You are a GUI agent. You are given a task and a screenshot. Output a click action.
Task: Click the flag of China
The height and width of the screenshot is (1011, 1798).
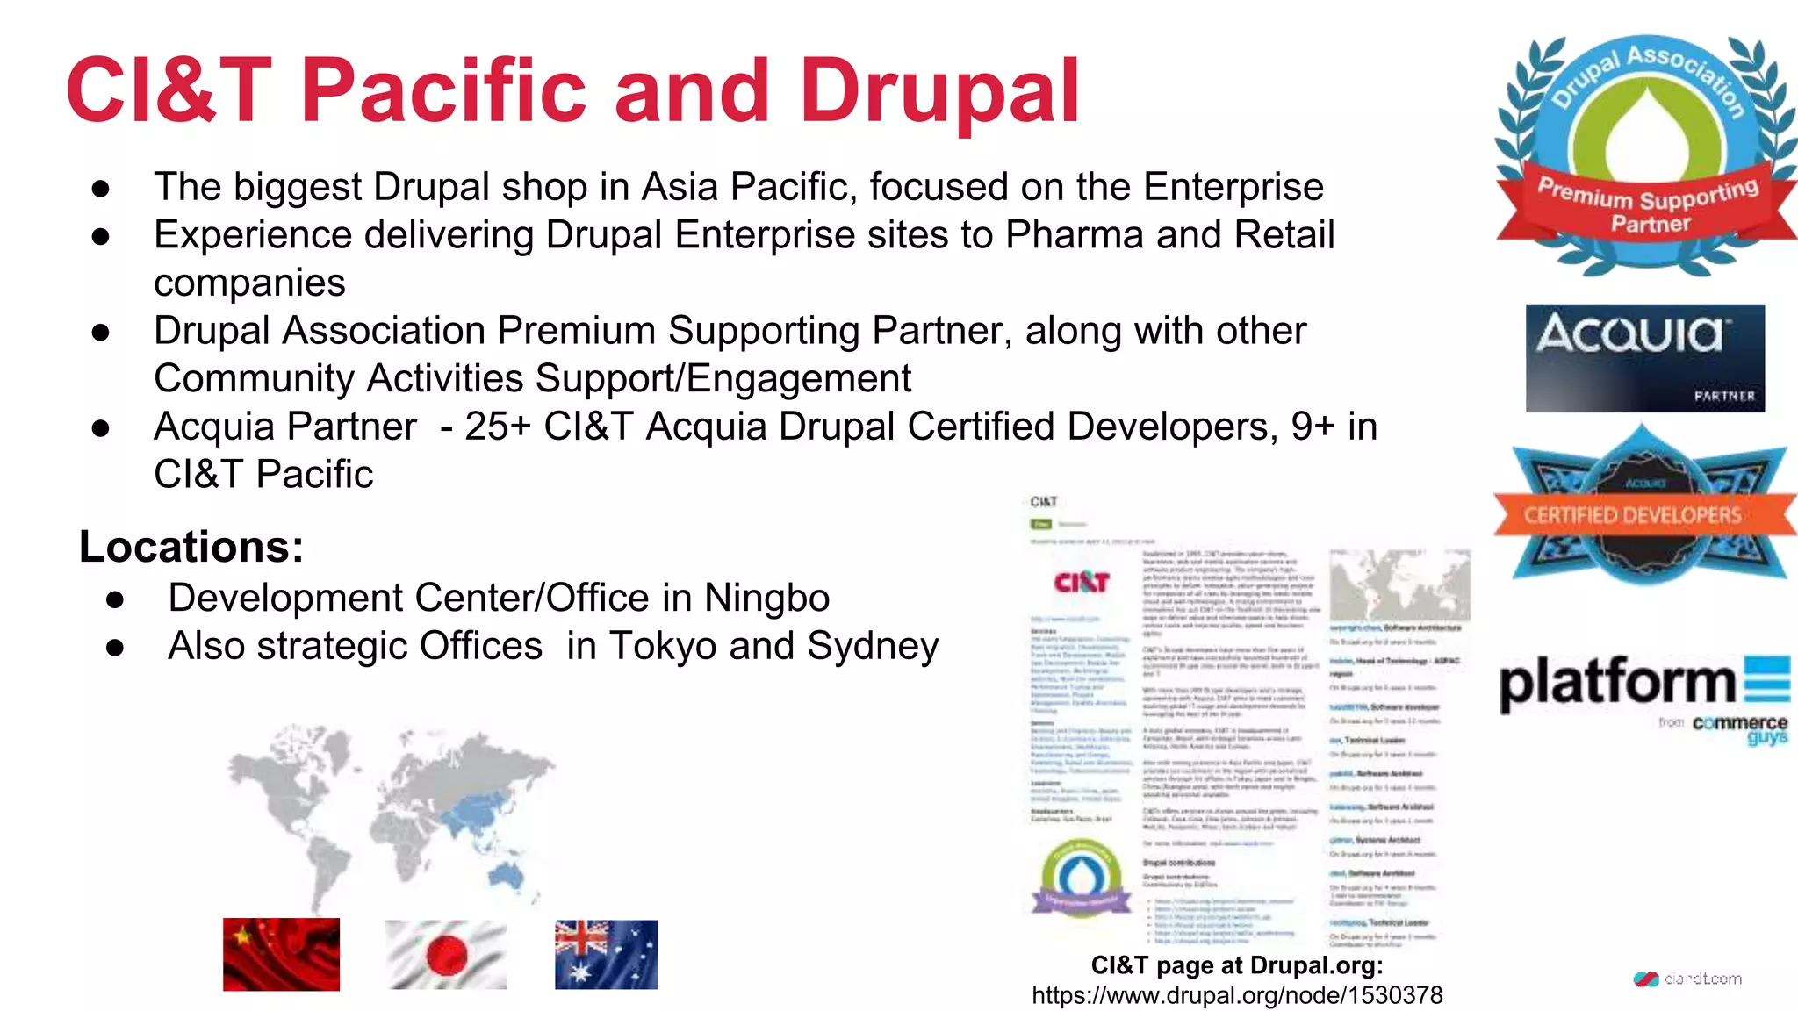click(x=281, y=954)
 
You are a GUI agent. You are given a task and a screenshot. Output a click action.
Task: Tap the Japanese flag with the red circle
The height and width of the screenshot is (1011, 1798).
click(x=446, y=954)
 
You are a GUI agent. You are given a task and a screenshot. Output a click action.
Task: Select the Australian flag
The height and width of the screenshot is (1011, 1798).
click(x=606, y=954)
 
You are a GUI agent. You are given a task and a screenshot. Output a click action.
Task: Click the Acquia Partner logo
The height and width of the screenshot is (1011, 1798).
click(x=1644, y=358)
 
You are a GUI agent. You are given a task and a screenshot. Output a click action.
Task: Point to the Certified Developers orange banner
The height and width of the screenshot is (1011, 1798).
click(x=1633, y=515)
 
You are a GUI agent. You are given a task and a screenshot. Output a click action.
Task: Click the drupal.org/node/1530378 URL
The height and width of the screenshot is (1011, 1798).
click(x=1236, y=995)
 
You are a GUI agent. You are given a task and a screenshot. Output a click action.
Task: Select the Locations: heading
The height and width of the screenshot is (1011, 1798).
click(x=191, y=546)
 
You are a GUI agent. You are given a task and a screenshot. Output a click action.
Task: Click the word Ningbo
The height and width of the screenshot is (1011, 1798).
click(x=766, y=598)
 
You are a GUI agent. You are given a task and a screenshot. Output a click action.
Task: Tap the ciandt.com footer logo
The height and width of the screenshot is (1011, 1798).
click(x=1687, y=979)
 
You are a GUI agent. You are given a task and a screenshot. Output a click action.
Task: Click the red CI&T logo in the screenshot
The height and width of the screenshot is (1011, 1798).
click(x=1082, y=582)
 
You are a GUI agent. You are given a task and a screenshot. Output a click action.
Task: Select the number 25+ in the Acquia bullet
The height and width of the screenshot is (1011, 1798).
click(x=498, y=427)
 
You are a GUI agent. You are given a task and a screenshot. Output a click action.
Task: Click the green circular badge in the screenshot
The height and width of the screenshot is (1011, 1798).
click(x=1081, y=878)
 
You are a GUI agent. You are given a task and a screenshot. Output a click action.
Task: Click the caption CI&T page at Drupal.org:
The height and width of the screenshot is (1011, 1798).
click(x=1236, y=965)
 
